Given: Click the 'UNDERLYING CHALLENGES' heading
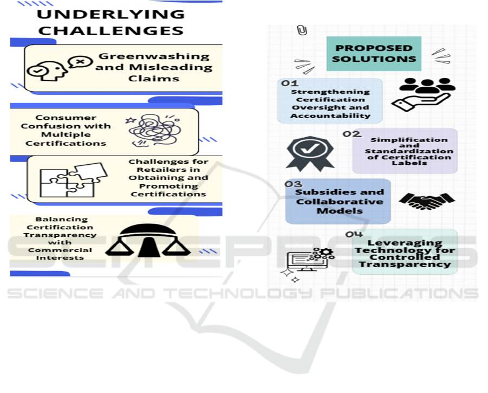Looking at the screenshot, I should (x=112, y=22).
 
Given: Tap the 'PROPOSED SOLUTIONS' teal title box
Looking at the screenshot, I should (x=374, y=53).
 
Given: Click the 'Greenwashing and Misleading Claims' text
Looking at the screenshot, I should (x=154, y=67).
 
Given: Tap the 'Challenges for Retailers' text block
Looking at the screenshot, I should (x=168, y=178).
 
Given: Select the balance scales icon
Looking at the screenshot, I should (x=147, y=241).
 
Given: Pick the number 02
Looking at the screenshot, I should (x=352, y=134).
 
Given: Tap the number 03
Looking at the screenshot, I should (x=294, y=184).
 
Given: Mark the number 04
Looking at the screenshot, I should (x=354, y=234).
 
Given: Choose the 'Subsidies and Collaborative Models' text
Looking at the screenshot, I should (x=339, y=202).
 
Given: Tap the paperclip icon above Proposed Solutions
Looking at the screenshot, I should (x=302, y=30).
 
